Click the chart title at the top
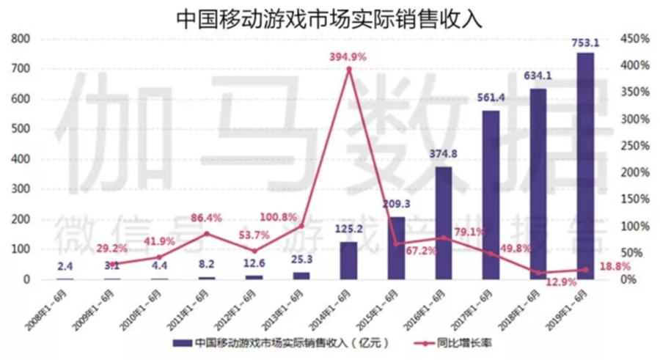329,18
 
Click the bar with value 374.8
443,223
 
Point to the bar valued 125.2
349,260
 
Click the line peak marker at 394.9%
349,69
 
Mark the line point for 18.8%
584,270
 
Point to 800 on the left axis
21,38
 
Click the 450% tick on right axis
635,38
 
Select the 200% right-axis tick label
635,172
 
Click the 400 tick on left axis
21,159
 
